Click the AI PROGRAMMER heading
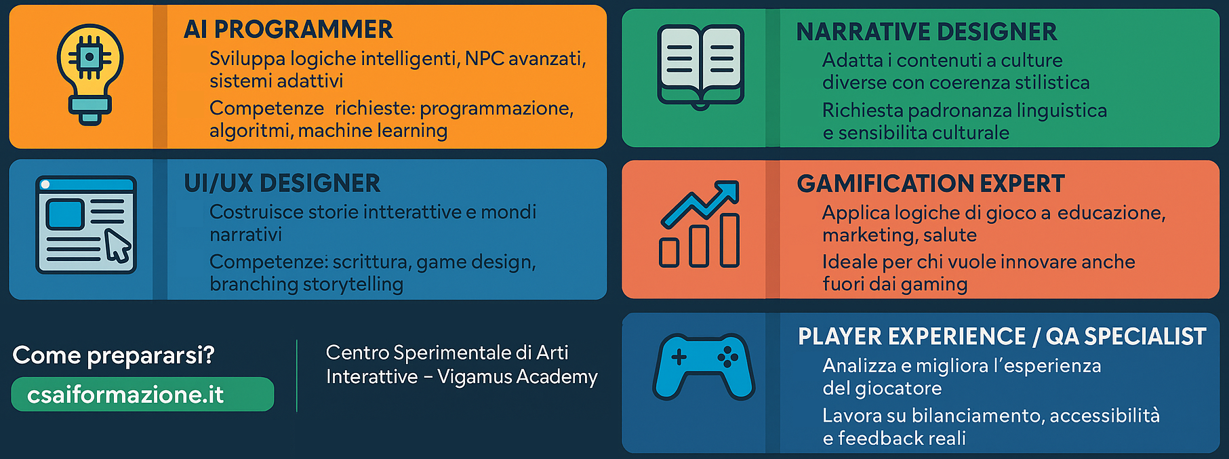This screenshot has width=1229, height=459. point(288,30)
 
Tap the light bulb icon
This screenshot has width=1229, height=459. point(89,74)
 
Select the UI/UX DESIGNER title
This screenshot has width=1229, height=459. point(282,183)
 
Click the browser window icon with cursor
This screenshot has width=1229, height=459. point(85,224)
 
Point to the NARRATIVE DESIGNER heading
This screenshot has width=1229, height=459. point(927,32)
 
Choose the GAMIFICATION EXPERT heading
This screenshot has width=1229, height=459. point(931,184)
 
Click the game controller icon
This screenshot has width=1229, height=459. point(704,366)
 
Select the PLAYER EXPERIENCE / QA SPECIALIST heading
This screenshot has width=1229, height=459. point(1002,336)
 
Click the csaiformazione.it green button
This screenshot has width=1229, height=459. point(143,395)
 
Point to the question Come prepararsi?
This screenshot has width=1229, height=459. point(113,355)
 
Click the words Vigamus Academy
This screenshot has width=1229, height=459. point(517,376)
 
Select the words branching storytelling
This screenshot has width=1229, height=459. point(306,284)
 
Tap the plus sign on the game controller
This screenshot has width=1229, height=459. point(679,357)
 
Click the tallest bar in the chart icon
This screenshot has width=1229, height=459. point(729,241)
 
